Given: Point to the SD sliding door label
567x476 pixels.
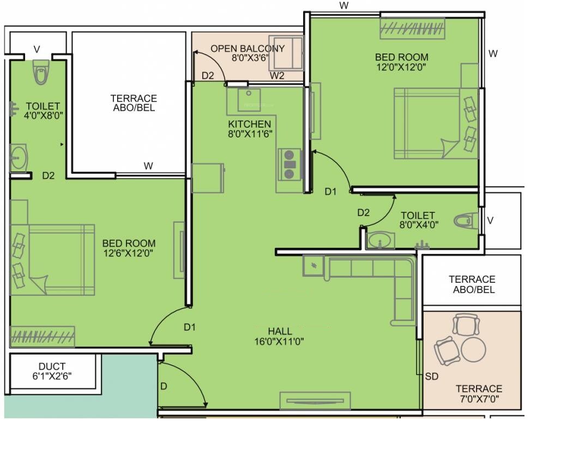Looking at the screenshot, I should pos(432,377).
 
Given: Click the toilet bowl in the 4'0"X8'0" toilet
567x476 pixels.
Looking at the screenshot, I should pos(40,73).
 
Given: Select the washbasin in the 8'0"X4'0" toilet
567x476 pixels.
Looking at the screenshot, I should pos(381,239).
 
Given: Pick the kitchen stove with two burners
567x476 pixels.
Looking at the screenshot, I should pos(289,164).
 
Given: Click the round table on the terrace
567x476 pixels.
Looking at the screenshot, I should pos(473,349).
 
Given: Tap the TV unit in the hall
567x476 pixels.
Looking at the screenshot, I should pos(315,401).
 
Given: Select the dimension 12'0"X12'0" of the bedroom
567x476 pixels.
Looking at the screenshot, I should pos(401,67).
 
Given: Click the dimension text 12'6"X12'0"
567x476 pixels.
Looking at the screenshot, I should pos(129,253).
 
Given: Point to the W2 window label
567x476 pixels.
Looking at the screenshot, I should pos(278,75).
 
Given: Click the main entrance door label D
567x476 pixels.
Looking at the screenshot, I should pos(164,386).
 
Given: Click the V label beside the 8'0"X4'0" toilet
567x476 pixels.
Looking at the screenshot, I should pos(490,221).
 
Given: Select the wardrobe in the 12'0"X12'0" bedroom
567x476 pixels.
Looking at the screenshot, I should pos(412,28).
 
